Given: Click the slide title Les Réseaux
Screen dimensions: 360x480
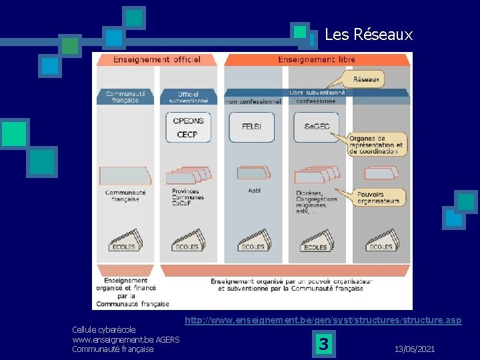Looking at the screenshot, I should pyautogui.click(x=368, y=35).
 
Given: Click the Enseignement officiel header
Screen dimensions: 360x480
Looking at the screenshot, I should pyautogui.click(x=157, y=59).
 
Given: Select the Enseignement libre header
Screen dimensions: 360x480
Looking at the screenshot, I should pyautogui.click(x=317, y=59).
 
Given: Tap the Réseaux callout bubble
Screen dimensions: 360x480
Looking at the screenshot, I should pyautogui.click(x=366, y=79).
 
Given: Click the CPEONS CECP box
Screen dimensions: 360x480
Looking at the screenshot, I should pyautogui.click(x=189, y=127).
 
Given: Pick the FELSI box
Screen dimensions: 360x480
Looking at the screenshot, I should pyautogui.click(x=251, y=126).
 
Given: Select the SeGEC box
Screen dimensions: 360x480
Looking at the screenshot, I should pyautogui.click(x=317, y=127).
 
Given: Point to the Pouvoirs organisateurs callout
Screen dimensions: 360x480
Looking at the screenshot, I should pyautogui.click(x=378, y=197).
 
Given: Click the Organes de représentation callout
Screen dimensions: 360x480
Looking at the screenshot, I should pyautogui.click(x=376, y=145).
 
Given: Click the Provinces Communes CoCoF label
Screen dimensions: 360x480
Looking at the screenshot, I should pyautogui.click(x=188, y=197).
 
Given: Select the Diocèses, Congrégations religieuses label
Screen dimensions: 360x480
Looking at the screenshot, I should pyautogui.click(x=317, y=200).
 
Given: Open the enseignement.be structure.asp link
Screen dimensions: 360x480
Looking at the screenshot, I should pyautogui.click(x=323, y=321).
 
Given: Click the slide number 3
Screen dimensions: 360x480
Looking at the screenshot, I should pyautogui.click(x=323, y=345).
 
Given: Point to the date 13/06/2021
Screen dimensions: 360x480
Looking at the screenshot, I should pyautogui.click(x=415, y=349).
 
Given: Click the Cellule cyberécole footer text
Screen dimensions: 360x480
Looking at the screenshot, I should pyautogui.click(x=104, y=329).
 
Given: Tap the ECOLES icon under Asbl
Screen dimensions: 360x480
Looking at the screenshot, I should pyautogui.click(x=253, y=242).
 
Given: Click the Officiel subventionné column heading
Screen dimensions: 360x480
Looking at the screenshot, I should pyautogui.click(x=189, y=97).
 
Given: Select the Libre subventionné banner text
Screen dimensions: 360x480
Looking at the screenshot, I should pyautogui.click(x=317, y=93).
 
